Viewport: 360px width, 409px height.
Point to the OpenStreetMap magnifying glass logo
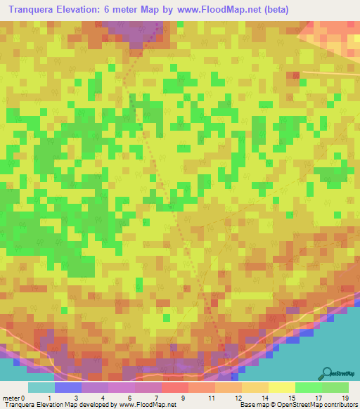pos(328,373)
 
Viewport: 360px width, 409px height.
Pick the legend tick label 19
pos(344,398)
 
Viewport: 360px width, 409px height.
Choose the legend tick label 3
pos(75,398)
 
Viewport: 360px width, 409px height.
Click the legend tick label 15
pos(291,398)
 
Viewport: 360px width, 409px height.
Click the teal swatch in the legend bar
pos(41,387)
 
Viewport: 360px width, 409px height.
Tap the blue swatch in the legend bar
pos(67,387)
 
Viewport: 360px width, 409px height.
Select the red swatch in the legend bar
pos(174,387)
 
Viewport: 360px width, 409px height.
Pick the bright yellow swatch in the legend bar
pos(281,387)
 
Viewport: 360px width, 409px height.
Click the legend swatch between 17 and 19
pos(335,387)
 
